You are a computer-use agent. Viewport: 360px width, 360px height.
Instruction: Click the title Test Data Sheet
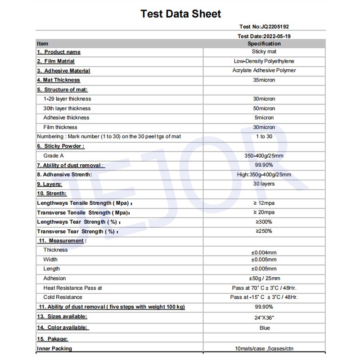point(181,14)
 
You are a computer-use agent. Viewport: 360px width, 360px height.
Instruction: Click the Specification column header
point(264,44)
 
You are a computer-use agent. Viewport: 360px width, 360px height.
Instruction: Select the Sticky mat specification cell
point(264,52)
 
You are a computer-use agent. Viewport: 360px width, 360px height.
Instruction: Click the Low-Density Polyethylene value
point(264,61)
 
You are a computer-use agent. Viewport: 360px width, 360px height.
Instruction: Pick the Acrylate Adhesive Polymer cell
point(264,71)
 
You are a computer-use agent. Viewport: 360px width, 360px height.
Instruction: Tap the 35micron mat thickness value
point(264,80)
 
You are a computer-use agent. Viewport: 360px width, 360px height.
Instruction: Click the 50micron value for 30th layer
point(264,108)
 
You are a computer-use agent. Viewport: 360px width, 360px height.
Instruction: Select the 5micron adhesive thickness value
point(264,118)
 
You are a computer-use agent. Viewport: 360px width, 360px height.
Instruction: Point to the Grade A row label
point(54,156)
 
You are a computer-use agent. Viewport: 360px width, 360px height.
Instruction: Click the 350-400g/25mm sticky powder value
point(264,156)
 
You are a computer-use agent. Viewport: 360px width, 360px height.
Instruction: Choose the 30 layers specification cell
point(264,184)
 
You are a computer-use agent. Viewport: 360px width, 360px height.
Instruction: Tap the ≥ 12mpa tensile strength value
point(264,203)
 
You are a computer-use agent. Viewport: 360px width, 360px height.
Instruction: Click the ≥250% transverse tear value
point(264,231)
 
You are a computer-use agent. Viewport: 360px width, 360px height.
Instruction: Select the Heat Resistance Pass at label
point(72,288)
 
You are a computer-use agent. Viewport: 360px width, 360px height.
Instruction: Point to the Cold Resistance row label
point(63,297)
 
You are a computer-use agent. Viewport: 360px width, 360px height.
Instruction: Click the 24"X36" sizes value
point(264,318)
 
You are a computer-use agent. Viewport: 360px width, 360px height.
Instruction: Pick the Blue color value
point(265,328)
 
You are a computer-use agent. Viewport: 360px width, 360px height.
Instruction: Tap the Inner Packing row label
point(54,349)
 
